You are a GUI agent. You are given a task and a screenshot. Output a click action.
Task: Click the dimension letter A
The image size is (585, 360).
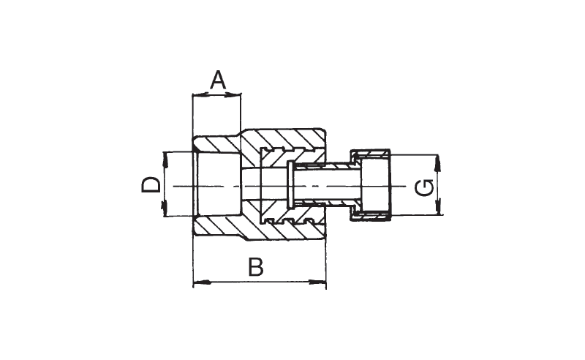pyautogui.click(x=218, y=80)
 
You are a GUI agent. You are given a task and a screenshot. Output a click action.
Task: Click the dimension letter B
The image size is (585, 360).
pyautogui.click(x=256, y=266)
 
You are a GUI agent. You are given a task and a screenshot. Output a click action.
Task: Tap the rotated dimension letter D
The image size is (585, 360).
pyautogui.click(x=151, y=185)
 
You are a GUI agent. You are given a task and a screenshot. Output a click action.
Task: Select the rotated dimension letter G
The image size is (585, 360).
pyautogui.click(x=424, y=188)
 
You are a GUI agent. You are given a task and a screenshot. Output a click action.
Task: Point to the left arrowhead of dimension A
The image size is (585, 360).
pyautogui.click(x=200, y=95)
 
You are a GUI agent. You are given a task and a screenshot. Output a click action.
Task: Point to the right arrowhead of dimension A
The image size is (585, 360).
pyautogui.click(x=233, y=95)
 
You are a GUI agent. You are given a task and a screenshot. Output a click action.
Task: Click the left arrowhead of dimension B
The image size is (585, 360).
pyautogui.click(x=202, y=282)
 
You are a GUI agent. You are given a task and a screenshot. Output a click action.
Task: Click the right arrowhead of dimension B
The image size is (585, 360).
pyautogui.click(x=318, y=282)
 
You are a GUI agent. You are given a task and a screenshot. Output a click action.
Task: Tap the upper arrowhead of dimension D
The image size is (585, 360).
pyautogui.click(x=165, y=160)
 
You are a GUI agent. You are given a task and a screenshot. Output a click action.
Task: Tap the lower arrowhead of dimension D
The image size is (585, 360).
pyautogui.click(x=164, y=208)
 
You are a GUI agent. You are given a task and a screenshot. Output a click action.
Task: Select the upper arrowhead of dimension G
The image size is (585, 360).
pyautogui.click(x=438, y=164)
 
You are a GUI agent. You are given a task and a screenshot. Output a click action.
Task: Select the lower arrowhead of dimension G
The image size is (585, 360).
pyautogui.click(x=438, y=206)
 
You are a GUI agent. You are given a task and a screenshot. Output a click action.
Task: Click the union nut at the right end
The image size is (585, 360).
pyautogui.click(x=370, y=185)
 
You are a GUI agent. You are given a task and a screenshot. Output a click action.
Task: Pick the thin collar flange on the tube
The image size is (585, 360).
pyautogui.click(x=290, y=184)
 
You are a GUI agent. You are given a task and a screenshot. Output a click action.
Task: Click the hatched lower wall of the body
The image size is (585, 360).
pyautogui.click(x=260, y=224)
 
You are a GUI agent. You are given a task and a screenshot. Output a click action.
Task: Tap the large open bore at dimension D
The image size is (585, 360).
pyautogui.click(x=219, y=184)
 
